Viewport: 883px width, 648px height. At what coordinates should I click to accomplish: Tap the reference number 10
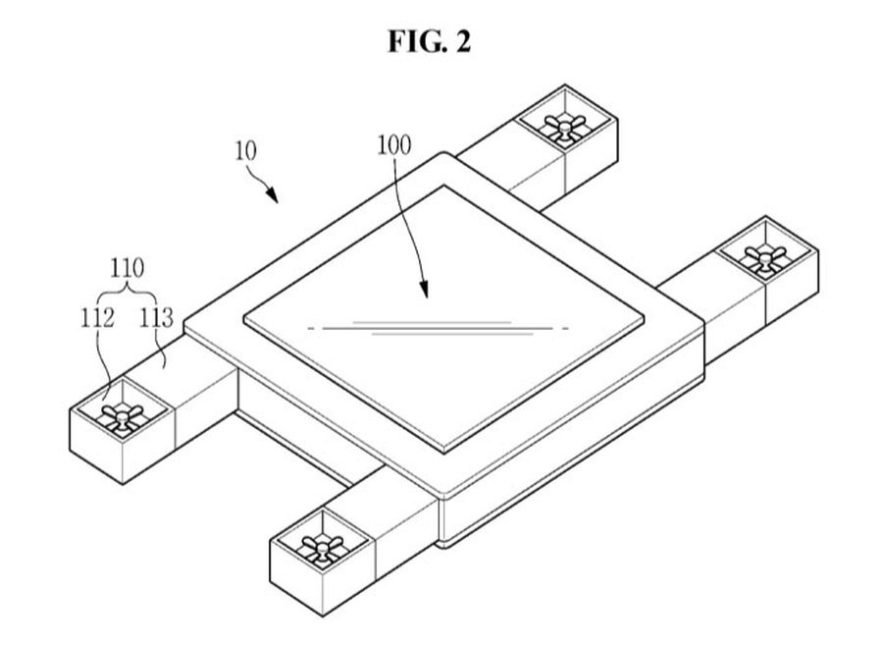[x=245, y=151]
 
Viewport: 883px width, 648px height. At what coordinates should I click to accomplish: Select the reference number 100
[x=393, y=145]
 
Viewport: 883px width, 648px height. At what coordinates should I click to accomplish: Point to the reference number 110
[x=128, y=266]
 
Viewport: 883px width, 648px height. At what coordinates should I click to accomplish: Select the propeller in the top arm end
[x=567, y=126]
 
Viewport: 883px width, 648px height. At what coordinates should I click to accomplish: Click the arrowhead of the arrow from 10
[x=279, y=201]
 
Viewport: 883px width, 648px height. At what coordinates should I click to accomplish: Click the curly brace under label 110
[x=128, y=290]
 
